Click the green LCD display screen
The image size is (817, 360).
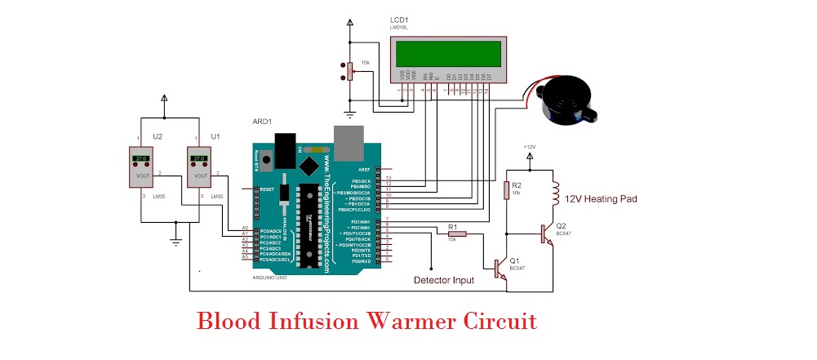(447, 53)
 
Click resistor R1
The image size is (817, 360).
(458, 234)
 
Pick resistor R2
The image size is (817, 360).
(506, 190)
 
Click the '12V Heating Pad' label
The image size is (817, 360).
(601, 198)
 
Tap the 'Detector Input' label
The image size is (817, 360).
(443, 280)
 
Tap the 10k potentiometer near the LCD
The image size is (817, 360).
(350, 72)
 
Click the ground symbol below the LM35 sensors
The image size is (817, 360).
(174, 238)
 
